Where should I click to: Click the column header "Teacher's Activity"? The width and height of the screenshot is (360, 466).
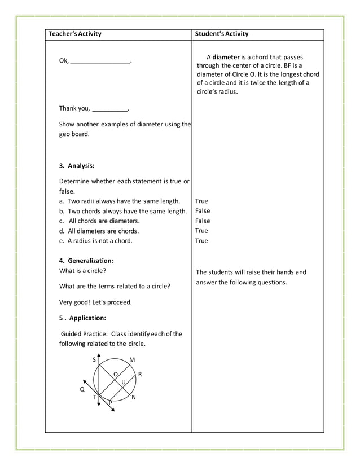(75, 34)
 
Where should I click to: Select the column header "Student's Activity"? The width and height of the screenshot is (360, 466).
(221, 34)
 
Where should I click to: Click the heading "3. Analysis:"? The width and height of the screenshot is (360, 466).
(77, 166)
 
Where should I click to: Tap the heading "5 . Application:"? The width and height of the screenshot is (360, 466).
(82, 318)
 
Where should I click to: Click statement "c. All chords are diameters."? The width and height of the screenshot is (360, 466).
(99, 221)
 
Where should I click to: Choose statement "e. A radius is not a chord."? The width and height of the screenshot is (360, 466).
(96, 241)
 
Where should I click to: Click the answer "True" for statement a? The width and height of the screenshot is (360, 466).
(201, 201)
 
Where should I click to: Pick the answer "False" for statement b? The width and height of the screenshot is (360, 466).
(203, 211)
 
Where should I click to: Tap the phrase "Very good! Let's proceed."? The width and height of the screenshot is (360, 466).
(95, 302)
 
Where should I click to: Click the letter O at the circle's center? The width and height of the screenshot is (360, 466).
(116, 374)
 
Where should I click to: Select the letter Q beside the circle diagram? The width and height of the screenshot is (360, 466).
(82, 389)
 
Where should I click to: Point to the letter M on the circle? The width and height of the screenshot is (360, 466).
(132, 360)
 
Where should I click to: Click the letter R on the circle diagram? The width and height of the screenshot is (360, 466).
(140, 374)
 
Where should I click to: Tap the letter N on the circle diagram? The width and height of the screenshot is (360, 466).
(133, 398)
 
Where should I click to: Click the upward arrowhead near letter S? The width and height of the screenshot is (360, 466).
(99, 356)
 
